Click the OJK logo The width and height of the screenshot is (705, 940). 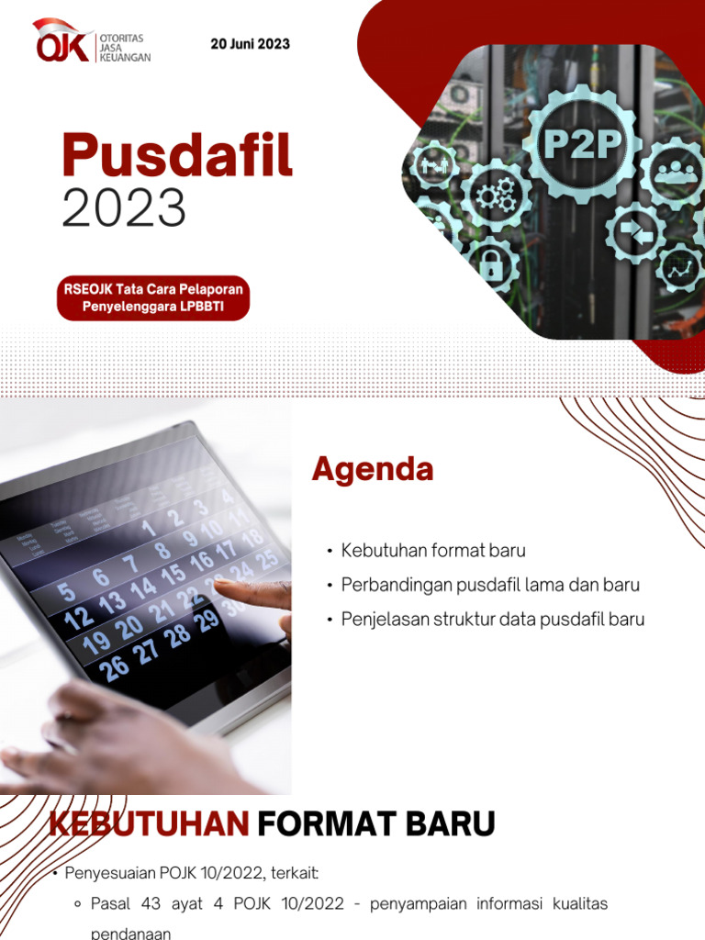tap(91, 42)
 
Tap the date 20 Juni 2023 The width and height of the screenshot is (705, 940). tap(250, 44)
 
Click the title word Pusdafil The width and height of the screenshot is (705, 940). tap(177, 155)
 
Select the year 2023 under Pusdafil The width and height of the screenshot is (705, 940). tap(124, 208)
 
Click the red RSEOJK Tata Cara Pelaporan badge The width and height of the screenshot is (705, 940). tap(153, 297)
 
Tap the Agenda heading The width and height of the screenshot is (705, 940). tap(372, 470)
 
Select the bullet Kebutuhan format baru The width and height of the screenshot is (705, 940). tap(433, 551)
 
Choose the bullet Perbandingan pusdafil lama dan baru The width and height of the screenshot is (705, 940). tap(490, 585)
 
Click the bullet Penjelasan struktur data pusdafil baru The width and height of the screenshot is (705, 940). tap(493, 619)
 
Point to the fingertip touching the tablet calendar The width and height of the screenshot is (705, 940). tap(224, 584)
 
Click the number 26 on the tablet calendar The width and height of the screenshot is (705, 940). tap(115, 667)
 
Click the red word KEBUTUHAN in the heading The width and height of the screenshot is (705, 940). tap(149, 823)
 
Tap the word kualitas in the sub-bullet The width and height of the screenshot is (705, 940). tap(580, 904)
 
